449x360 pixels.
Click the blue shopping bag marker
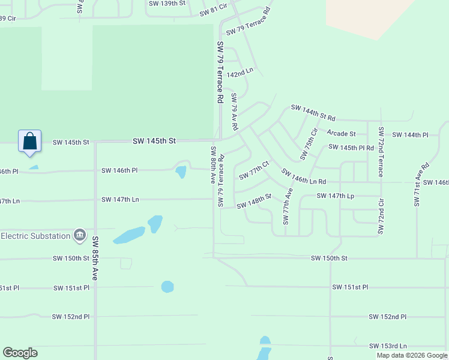pos(30,142)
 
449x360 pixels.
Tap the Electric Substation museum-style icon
pos(79,235)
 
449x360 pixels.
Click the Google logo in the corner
pos(20,353)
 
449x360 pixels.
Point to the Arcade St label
pos(341,133)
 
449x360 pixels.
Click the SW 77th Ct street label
pos(255,170)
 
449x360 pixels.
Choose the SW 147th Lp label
pos(336,196)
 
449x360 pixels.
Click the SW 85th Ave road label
pos(95,258)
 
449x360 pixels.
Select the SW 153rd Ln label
pos(387,346)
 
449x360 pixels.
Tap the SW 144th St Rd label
pos(313,112)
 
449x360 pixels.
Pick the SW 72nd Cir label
pos(380,214)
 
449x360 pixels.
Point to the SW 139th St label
pos(167,4)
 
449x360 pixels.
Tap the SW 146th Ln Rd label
pos(304,177)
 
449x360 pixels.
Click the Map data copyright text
pos(412,355)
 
